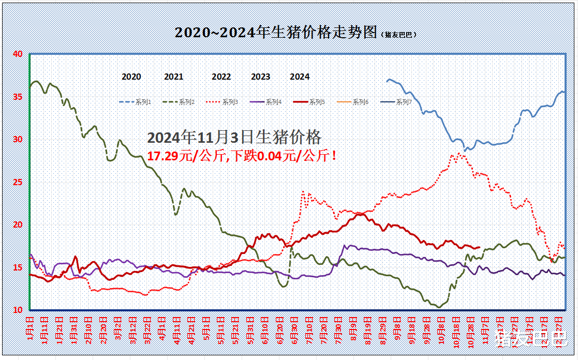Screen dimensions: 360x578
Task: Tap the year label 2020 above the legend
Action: click(131, 77)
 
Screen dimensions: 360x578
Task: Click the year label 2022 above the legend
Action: click(221, 77)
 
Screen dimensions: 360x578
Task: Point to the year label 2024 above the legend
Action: click(300, 77)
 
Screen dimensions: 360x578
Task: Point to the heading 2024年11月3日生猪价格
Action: click(234, 138)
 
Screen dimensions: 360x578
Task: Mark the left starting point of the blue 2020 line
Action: click(387, 81)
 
